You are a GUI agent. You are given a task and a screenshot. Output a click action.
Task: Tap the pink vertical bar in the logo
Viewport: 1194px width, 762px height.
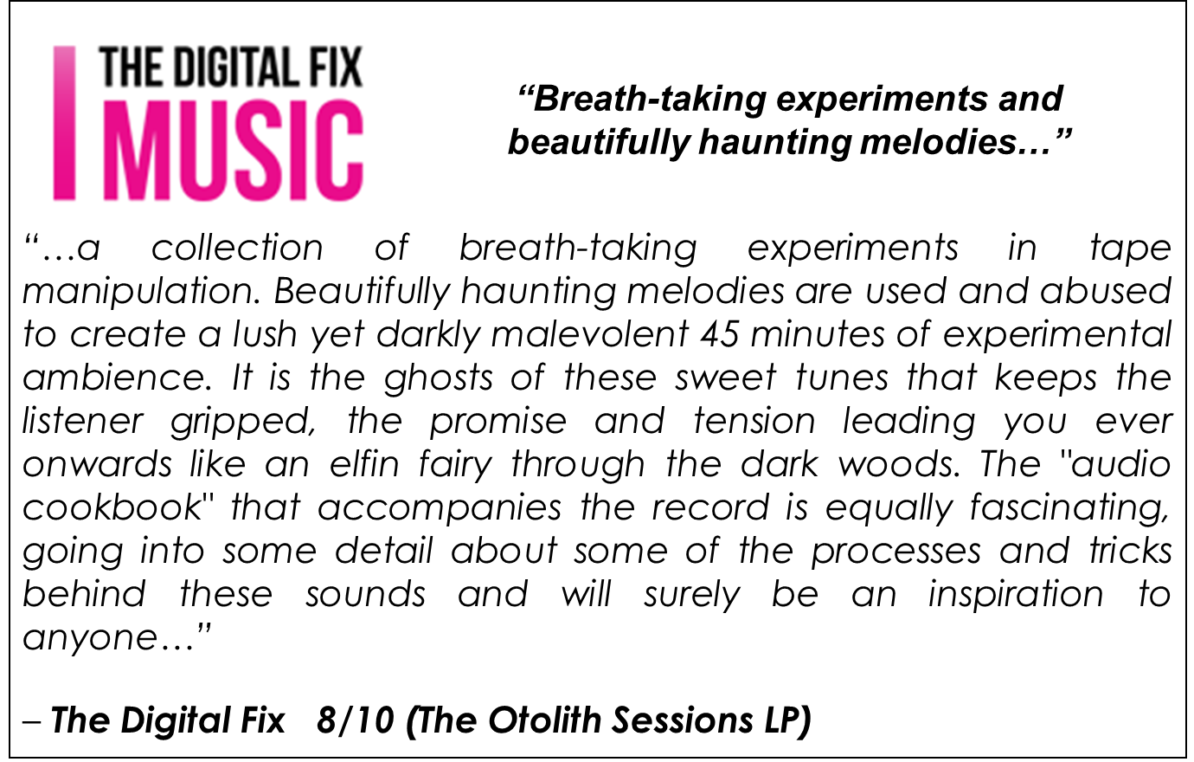(64, 123)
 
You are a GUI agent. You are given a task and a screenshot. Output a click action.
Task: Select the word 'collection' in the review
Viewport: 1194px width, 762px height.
(237, 249)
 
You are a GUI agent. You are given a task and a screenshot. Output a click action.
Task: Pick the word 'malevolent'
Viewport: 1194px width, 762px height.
(590, 334)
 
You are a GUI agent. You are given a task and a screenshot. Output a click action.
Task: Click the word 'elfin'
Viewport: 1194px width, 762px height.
(364, 464)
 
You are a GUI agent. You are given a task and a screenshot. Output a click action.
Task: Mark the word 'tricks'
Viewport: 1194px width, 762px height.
(1130, 552)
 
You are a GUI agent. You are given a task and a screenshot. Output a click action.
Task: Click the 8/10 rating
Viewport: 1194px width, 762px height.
(356, 720)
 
